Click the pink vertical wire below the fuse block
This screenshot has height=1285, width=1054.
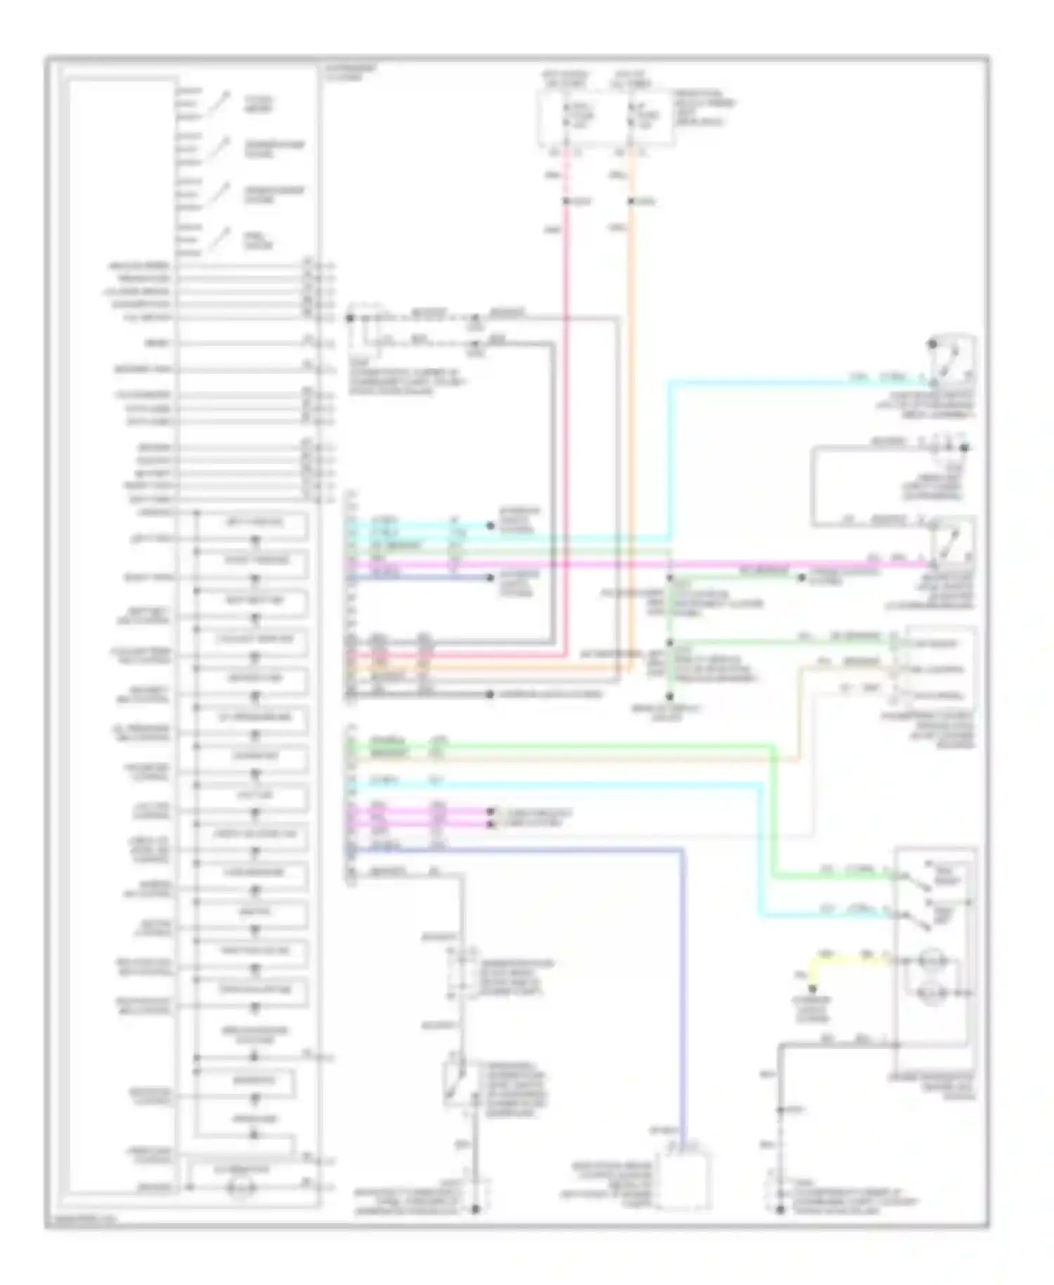pyautogui.click(x=566, y=422)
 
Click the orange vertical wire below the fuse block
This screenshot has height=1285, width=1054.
pyautogui.click(x=630, y=422)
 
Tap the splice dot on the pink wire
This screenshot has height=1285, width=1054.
pyautogui.click(x=566, y=202)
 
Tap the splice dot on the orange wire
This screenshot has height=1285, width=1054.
pyautogui.click(x=630, y=202)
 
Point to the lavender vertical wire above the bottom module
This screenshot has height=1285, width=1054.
pyautogui.click(x=682, y=984)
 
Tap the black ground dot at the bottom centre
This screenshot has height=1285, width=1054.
pyautogui.click(x=476, y=1210)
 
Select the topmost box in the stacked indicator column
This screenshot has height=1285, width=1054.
pyautogui.click(x=254, y=523)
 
